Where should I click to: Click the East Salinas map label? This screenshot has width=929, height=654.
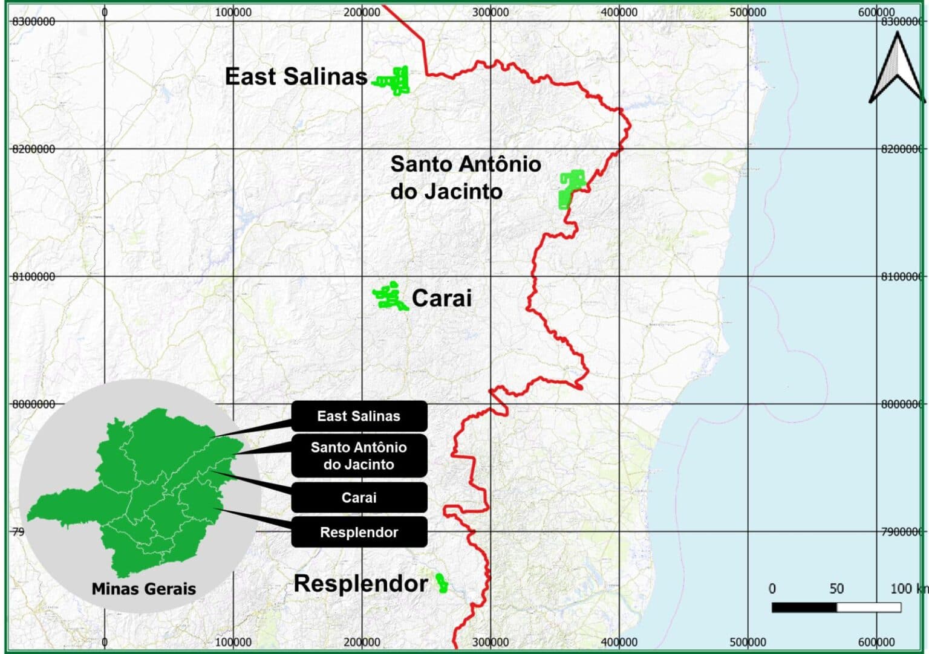point(296,77)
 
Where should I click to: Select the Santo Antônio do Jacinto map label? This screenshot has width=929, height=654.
point(464,177)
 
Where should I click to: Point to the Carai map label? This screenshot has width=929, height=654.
point(442,298)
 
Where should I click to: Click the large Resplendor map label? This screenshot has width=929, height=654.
point(360,584)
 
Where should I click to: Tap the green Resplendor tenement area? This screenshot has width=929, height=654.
point(442,583)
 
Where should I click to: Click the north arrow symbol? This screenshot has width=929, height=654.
point(897,68)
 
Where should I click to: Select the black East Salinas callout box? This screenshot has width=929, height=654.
point(359,416)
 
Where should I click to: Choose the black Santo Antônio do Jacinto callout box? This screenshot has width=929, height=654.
point(359,456)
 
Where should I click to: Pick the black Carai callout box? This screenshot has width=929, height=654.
point(359,497)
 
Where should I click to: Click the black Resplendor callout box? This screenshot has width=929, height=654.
point(359,533)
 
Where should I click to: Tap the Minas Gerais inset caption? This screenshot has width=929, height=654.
point(143,589)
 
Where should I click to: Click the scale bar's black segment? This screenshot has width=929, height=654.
point(804,607)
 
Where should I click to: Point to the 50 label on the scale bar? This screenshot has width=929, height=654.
point(836,589)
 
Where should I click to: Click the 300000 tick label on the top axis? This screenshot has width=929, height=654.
point(491,12)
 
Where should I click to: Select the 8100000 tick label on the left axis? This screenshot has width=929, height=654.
point(33,277)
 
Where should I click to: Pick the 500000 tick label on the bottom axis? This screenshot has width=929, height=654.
point(748,642)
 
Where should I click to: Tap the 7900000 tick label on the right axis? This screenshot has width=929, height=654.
point(902,532)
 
